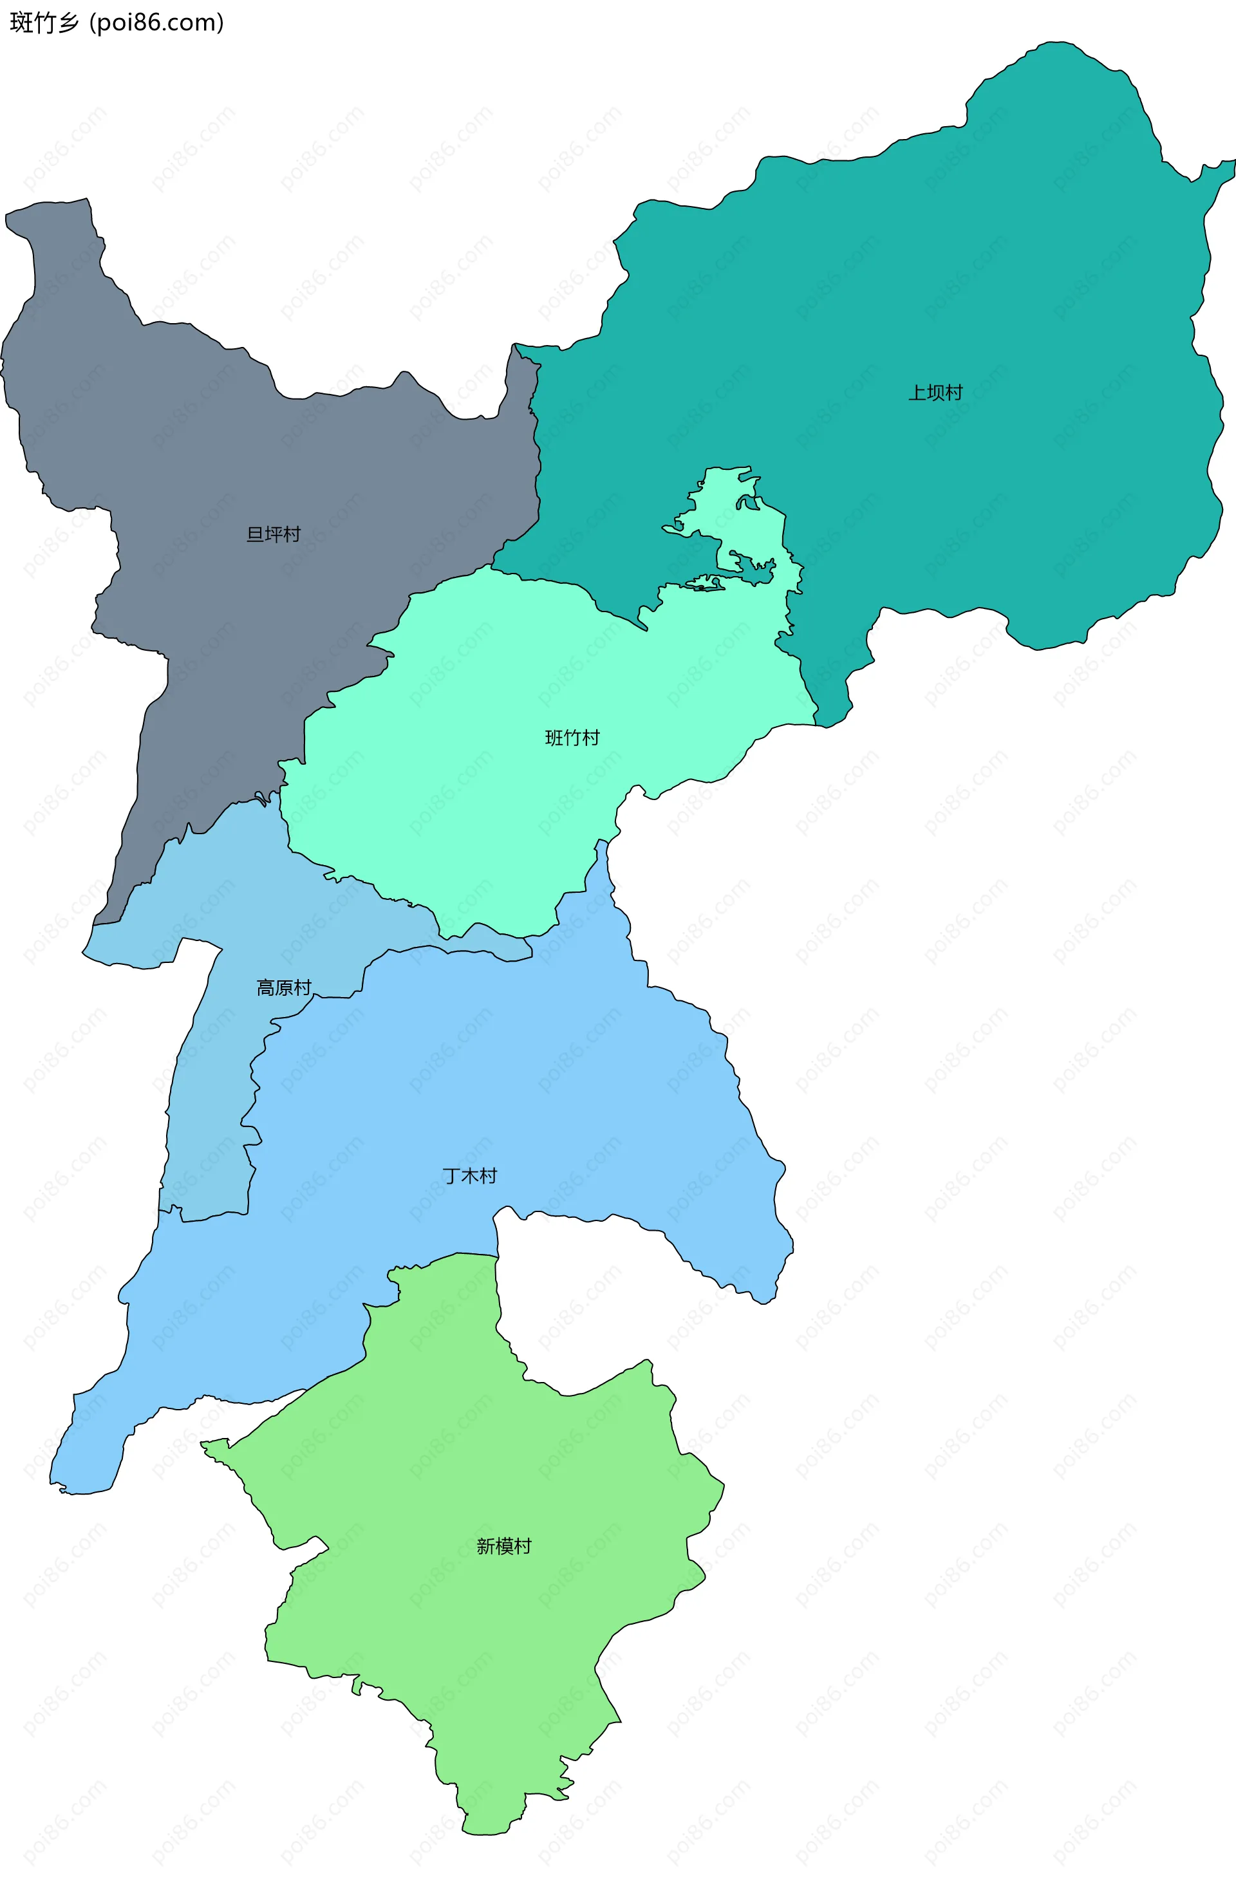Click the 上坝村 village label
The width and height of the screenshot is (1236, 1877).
click(935, 392)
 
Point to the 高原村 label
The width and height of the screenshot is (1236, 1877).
click(283, 987)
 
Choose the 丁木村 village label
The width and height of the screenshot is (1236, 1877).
click(469, 1176)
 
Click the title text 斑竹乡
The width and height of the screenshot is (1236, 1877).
click(44, 23)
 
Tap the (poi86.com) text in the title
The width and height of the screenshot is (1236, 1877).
click(156, 23)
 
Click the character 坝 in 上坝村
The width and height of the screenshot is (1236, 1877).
click(935, 392)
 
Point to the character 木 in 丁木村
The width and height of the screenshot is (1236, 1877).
click(469, 1176)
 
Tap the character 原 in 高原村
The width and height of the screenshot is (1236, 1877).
click(283, 987)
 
